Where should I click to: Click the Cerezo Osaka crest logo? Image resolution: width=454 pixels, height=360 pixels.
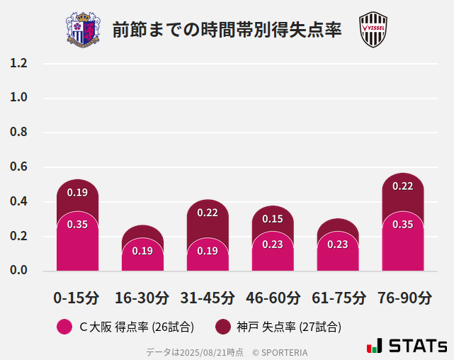point(83,30)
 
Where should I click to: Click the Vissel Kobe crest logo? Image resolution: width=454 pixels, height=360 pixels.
point(373,30)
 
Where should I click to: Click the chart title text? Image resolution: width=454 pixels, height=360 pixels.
point(227,30)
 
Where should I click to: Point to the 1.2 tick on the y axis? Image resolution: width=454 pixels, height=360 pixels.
point(19,63)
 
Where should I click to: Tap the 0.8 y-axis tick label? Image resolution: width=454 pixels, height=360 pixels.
point(19,133)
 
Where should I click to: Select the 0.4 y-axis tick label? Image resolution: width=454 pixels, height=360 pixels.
point(19,202)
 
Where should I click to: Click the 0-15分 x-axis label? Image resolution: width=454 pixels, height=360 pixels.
point(76,298)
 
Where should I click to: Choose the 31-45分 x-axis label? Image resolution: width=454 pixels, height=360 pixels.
point(207,298)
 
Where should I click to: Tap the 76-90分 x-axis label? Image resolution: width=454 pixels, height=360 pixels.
point(404,298)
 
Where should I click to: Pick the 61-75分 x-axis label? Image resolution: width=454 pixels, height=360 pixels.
point(339,298)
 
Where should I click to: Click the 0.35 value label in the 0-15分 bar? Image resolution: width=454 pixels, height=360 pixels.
point(77,225)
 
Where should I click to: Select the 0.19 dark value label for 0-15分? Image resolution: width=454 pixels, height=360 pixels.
point(77,193)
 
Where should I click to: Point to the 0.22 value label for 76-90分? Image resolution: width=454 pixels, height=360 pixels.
point(402,186)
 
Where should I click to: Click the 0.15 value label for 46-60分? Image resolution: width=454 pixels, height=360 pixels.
point(273,219)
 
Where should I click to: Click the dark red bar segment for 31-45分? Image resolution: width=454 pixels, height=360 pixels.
point(208,221)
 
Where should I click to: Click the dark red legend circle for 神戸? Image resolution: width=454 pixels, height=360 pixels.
point(222,327)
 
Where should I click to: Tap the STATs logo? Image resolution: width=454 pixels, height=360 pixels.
point(407,346)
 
